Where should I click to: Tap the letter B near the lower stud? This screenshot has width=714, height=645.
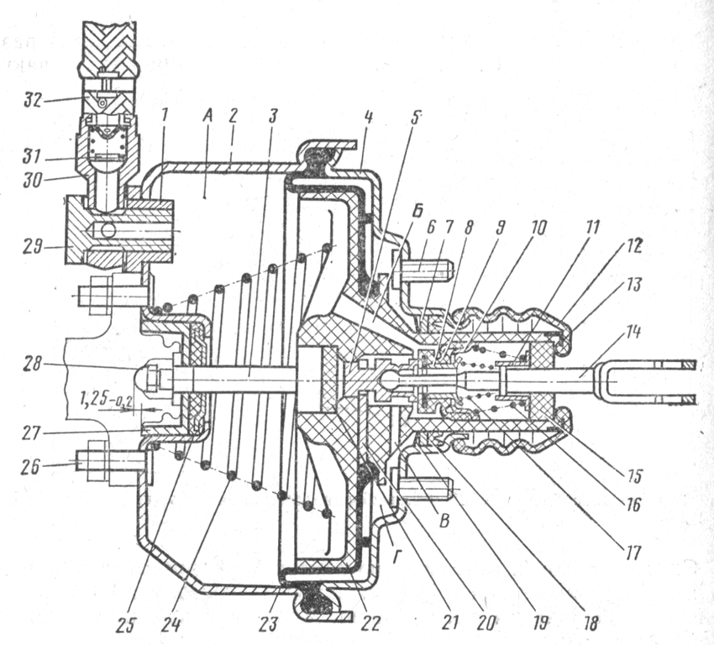click(445, 521)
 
